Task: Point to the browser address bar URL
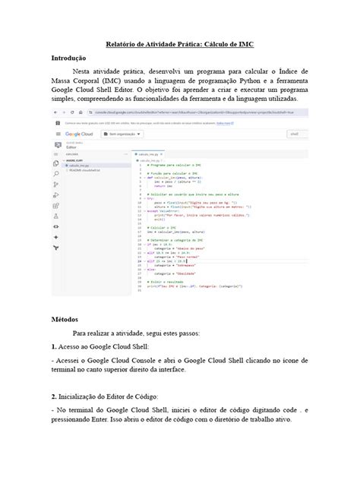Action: [x=182, y=120]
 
